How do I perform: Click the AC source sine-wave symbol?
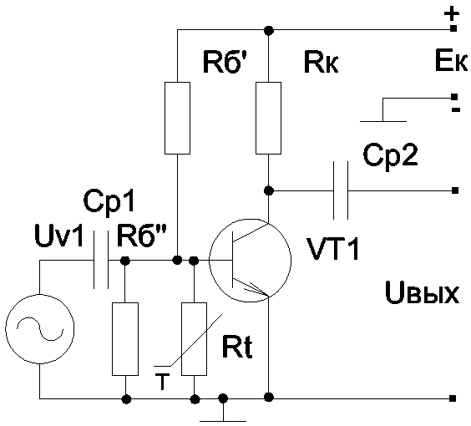tap(39, 329)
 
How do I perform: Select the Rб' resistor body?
tap(177, 118)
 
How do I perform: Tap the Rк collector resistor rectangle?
tap(268, 118)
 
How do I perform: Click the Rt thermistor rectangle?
tap(194, 339)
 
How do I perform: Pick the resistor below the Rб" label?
tap(125, 339)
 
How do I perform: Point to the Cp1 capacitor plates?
tap(101, 260)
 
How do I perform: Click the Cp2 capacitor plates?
tap(341, 190)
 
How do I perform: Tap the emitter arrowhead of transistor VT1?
tap(258, 290)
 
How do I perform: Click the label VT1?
tap(333, 249)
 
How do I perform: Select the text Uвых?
tap(422, 292)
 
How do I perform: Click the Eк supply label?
tap(451, 61)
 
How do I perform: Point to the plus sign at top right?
tap(452, 14)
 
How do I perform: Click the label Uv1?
tap(58, 236)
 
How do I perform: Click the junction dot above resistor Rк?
tap(268, 30)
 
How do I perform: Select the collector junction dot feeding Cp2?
tap(268, 190)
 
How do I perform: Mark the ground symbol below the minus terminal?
tap(383, 114)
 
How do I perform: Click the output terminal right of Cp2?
tap(455, 190)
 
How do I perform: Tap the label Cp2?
tap(390, 155)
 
